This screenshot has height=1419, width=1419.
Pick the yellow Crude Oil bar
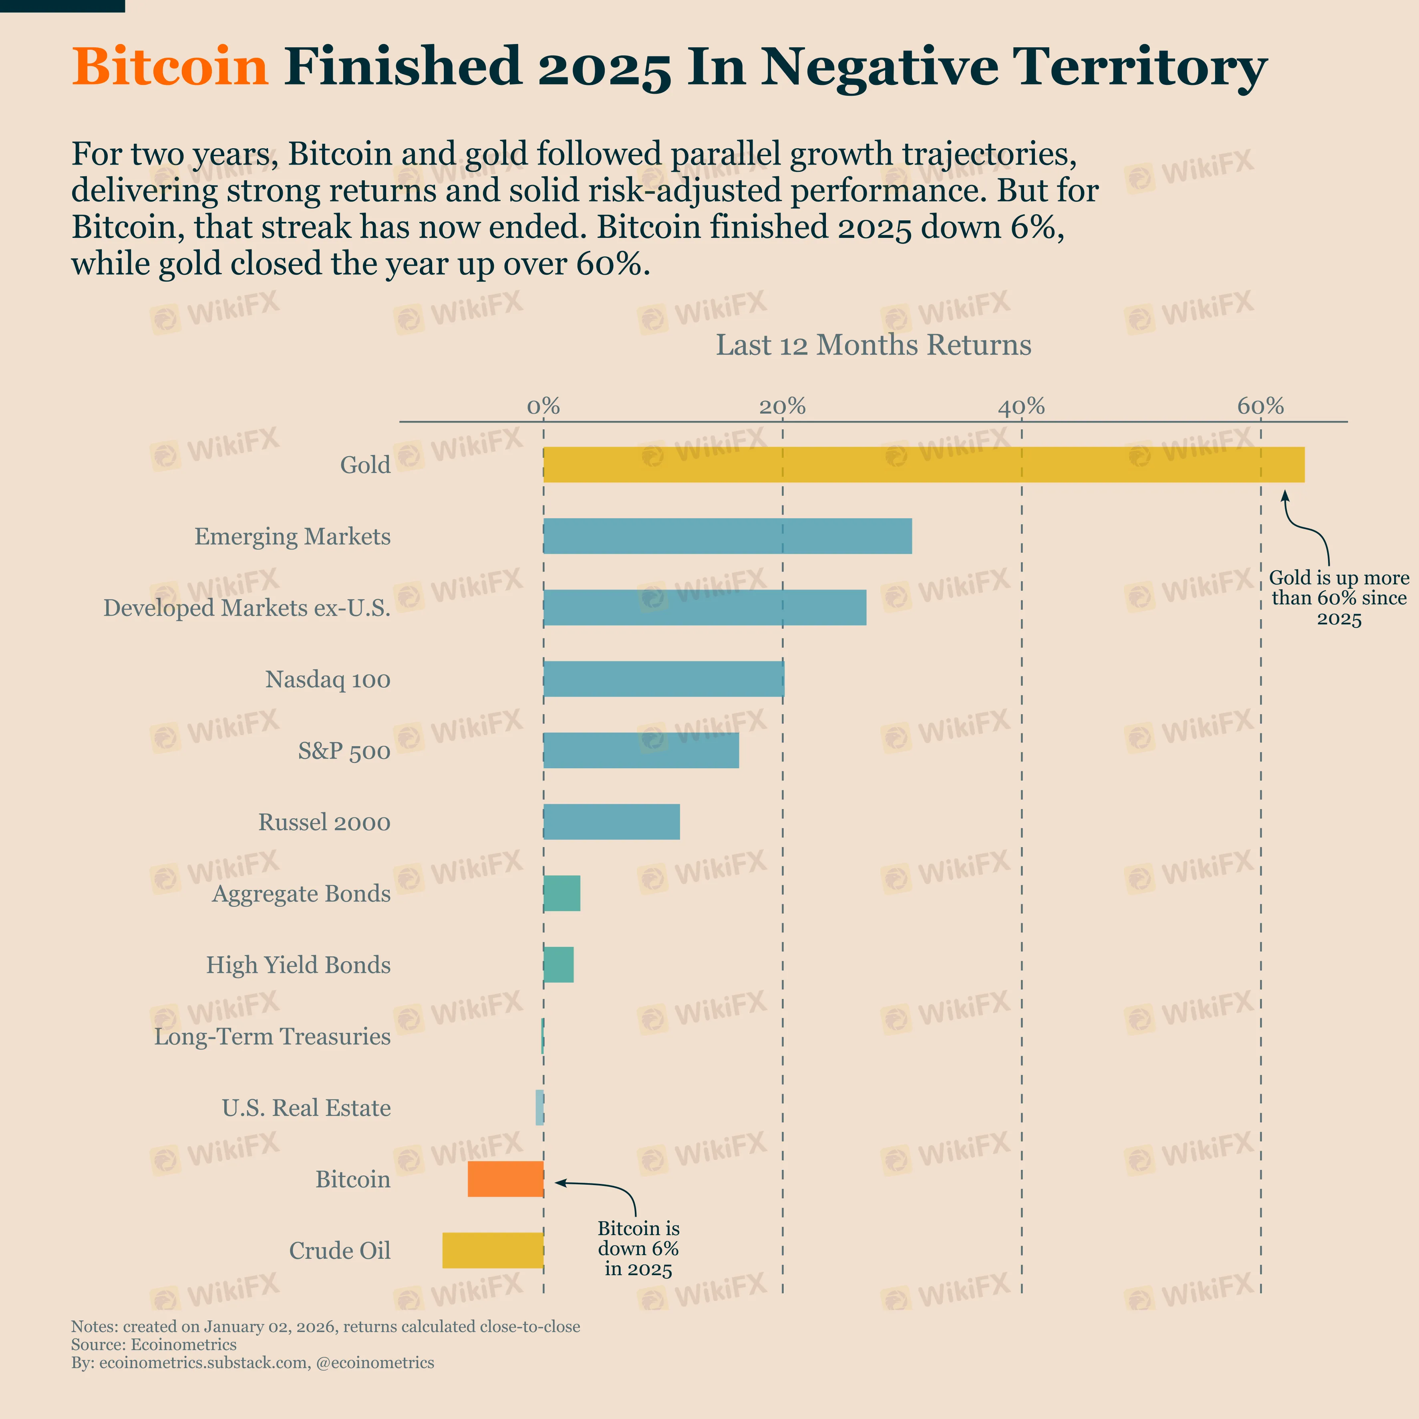click(493, 1250)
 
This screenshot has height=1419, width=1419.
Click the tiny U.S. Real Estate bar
click(540, 1107)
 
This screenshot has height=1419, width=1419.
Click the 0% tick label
click(543, 406)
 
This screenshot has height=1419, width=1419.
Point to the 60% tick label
click(1260, 406)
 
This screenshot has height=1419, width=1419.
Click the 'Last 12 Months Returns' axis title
click(873, 345)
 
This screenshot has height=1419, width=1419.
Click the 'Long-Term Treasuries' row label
click(272, 1037)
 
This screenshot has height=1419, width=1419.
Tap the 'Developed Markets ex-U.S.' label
click(247, 608)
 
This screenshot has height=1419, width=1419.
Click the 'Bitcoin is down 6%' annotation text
click(638, 1249)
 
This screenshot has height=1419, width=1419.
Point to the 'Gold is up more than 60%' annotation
click(1339, 598)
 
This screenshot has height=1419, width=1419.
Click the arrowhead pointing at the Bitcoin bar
click(558, 1182)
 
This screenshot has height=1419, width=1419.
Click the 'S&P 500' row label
click(344, 751)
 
